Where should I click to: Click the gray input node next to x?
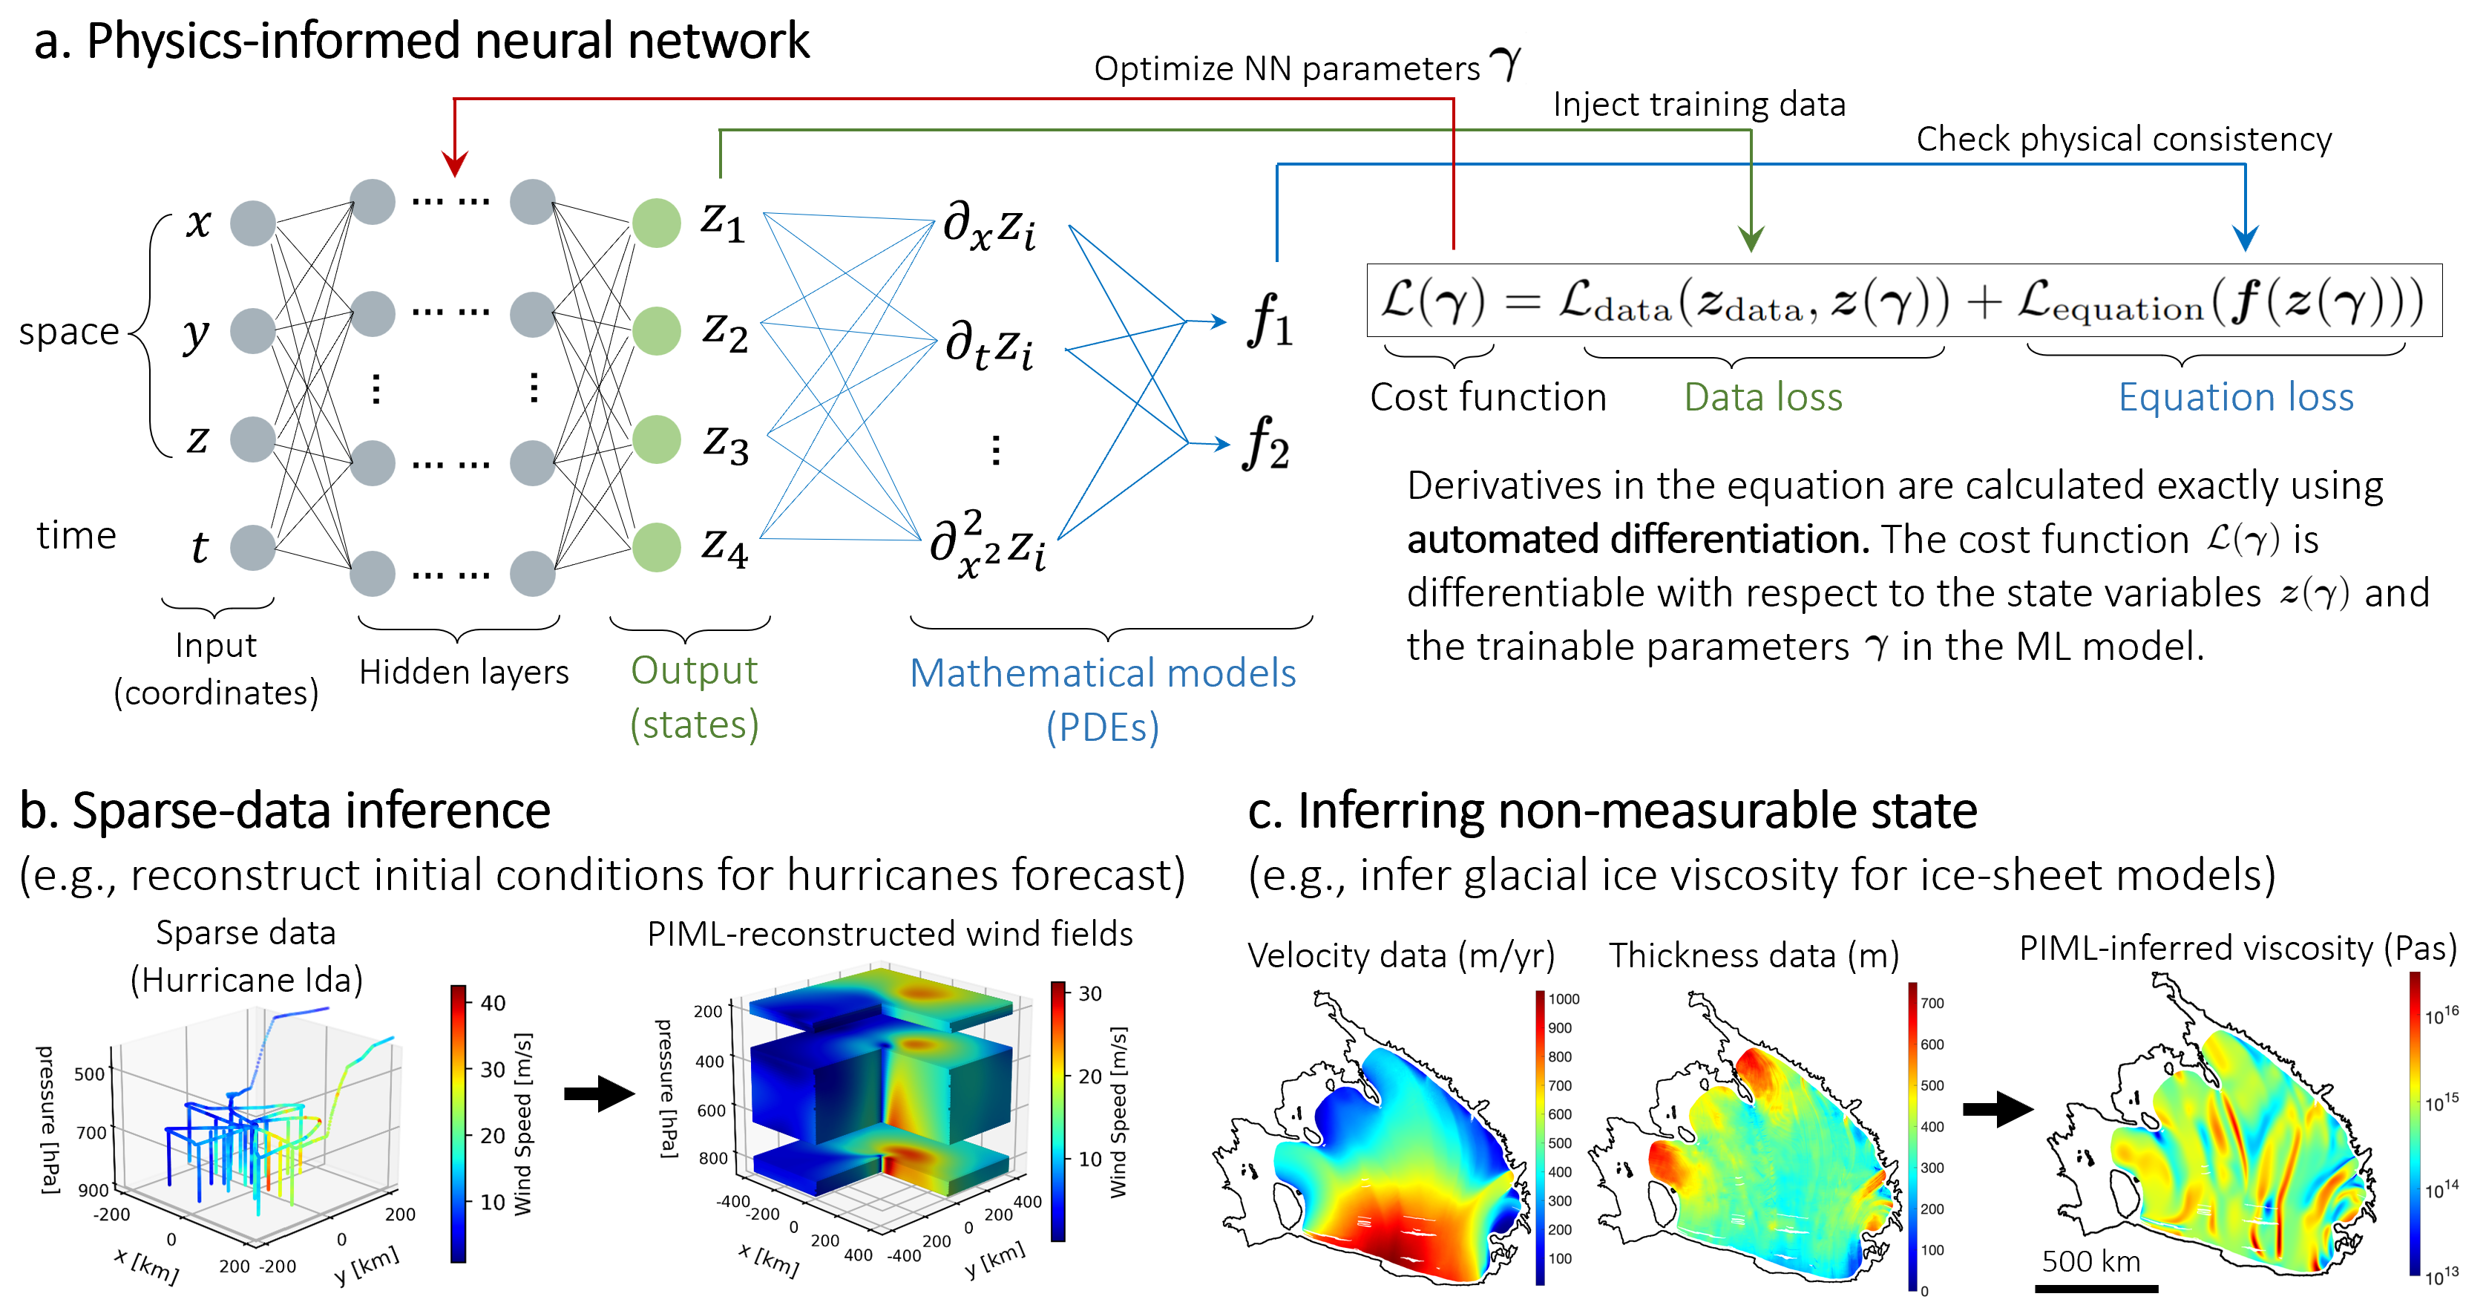pos(253,223)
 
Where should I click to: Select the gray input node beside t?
pos(253,547)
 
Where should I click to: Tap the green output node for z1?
pos(656,223)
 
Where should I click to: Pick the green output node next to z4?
pos(656,547)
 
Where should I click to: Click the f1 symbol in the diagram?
pos(1269,321)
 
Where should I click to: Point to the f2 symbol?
pos(1266,444)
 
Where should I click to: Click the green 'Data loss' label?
pos(1763,396)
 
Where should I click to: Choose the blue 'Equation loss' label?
pos(2235,396)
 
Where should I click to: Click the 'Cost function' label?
pos(1487,396)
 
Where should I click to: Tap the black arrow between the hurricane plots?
pos(598,1093)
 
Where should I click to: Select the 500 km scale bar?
pos(2096,1288)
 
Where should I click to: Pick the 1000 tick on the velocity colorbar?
pos(1564,999)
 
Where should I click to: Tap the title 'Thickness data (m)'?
pos(1754,955)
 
